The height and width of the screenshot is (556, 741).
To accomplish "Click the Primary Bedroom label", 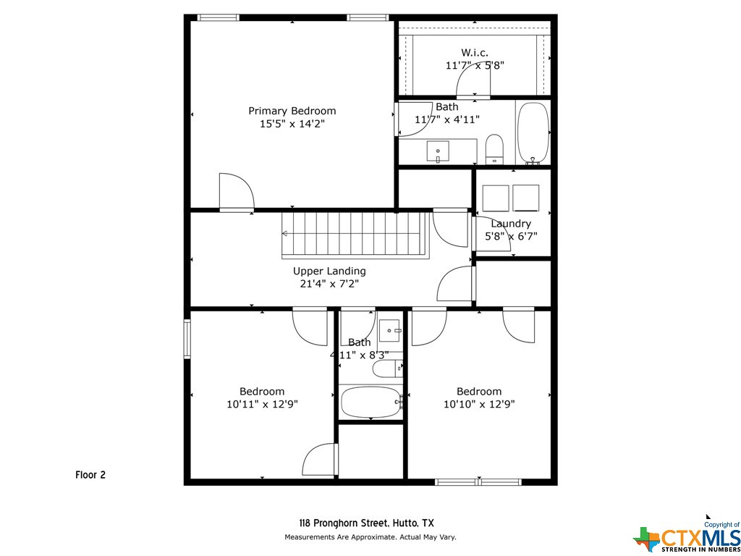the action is pyautogui.click(x=292, y=111).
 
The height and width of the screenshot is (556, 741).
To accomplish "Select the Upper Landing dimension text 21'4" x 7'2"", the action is pyautogui.click(x=329, y=284).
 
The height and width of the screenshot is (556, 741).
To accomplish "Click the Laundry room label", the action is pyautogui.click(x=511, y=224).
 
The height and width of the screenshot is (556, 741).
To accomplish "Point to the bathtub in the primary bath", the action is pyautogui.click(x=533, y=133).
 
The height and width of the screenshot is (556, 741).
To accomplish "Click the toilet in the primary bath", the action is pyautogui.click(x=495, y=148).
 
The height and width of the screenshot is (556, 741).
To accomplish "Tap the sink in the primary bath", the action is pyautogui.click(x=438, y=151).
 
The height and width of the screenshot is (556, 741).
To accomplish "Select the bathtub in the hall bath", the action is pyautogui.click(x=371, y=403).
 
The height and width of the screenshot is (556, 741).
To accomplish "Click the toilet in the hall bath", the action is pyautogui.click(x=387, y=368).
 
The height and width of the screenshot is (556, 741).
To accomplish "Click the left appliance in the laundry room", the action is pyautogui.click(x=495, y=198).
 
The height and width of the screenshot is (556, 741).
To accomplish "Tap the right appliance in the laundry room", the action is pyautogui.click(x=525, y=198).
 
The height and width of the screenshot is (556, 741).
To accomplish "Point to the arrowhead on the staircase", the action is pyautogui.click(x=285, y=233).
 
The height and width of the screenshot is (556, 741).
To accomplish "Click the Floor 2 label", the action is pyautogui.click(x=90, y=475).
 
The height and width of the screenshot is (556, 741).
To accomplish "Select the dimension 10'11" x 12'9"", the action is pyautogui.click(x=262, y=404).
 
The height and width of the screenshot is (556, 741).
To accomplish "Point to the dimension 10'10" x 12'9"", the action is pyautogui.click(x=479, y=404).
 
